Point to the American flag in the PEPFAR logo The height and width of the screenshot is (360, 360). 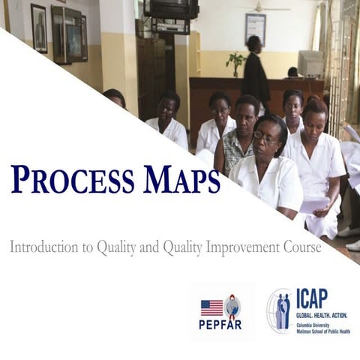pyautogui.click(x=211, y=307)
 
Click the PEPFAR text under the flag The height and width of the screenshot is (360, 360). pyautogui.click(x=220, y=325)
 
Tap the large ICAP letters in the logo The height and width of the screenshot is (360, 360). pyautogui.click(x=311, y=298)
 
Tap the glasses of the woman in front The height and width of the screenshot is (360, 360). pyautogui.click(x=266, y=137)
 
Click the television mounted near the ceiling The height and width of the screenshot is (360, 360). pyautogui.click(x=172, y=9)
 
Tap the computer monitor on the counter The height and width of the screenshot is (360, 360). pyautogui.click(x=310, y=63)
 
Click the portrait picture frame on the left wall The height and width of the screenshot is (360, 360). pyautogui.click(x=38, y=28)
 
